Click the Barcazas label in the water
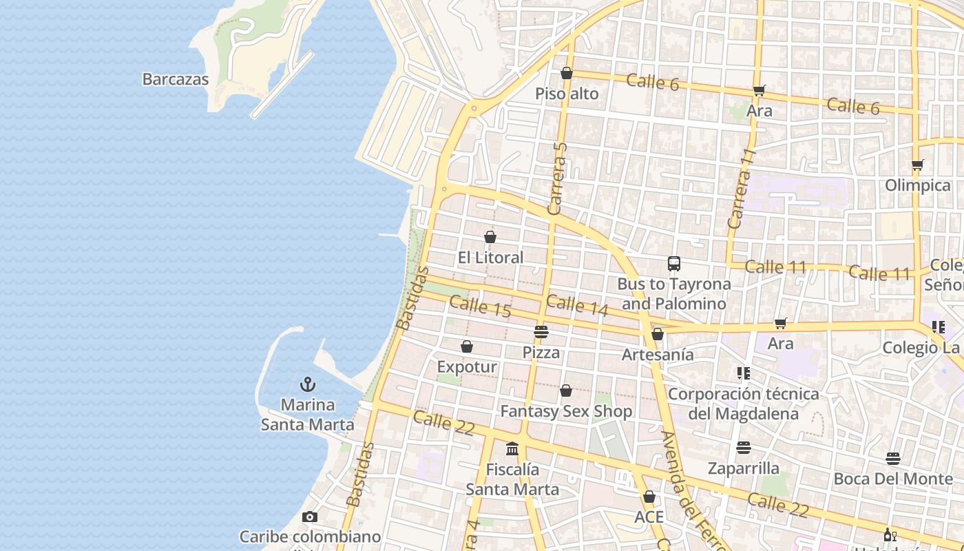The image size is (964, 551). pos(175,79)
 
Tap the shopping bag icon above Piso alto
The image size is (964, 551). pos(567,73)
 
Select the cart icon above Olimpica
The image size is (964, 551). pos(917,165)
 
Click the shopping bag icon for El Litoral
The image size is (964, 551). pos(490,238)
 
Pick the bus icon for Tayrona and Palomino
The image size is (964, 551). pos(673,264)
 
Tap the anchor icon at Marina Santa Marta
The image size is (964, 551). pos(308,384)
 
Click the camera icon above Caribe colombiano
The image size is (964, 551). pos(310,517)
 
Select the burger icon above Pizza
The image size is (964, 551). pos(541,332)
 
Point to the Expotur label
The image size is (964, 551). pos(467,367)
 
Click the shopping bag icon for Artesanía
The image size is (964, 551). pos(658,334)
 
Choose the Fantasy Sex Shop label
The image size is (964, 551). pos(566,412)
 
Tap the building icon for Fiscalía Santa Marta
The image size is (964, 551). pos(512,449)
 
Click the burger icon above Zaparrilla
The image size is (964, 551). pos(744,448)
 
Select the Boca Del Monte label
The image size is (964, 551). pos(893,479)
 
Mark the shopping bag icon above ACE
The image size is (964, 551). pos(649,497)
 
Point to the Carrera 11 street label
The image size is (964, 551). pos(742,189)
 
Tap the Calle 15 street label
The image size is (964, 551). pos(480,306)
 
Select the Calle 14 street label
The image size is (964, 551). pos(577,306)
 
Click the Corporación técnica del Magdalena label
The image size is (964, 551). pos(743,404)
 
